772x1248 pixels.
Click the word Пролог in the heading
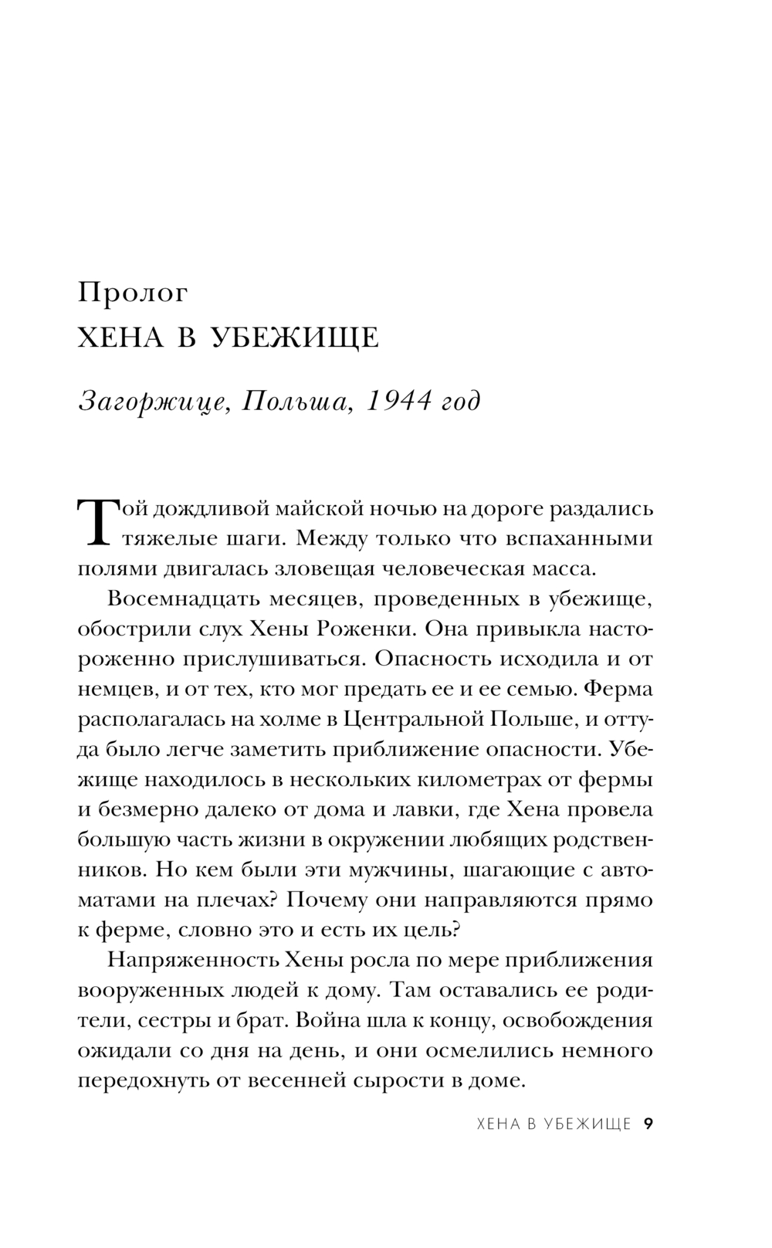133,293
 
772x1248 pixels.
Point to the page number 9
648,1124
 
